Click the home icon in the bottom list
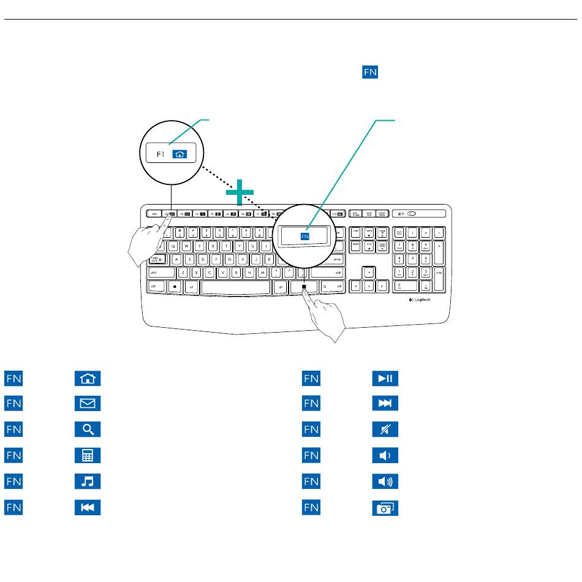[x=88, y=378]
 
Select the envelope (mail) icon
[x=88, y=404]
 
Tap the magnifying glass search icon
[x=88, y=429]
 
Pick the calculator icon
[x=88, y=456]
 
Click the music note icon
[x=88, y=482]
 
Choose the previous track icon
[x=88, y=507]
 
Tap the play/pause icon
[x=385, y=378]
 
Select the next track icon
[x=385, y=404]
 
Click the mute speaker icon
[x=385, y=429]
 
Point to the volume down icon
[x=385, y=456]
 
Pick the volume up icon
[x=385, y=482]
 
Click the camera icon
[x=385, y=507]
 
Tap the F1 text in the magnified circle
[x=161, y=154]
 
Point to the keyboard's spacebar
[x=235, y=286]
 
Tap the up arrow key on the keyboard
[x=368, y=272]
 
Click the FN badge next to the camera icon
[x=311, y=507]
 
